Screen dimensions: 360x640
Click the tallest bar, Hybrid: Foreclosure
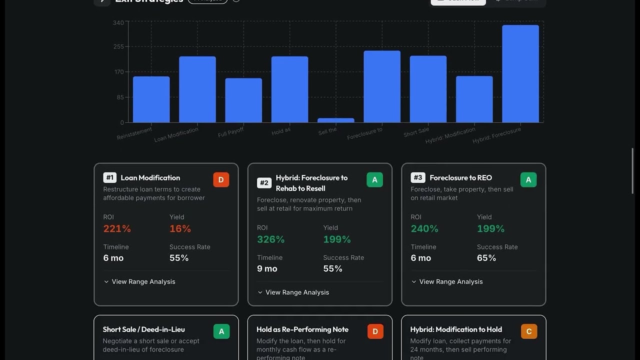tap(520, 73)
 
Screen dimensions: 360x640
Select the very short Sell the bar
tap(336, 120)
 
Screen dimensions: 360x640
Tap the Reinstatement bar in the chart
tap(151, 99)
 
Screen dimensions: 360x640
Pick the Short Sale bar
tap(428, 89)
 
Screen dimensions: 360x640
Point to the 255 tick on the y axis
tap(118, 46)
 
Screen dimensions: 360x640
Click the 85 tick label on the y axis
tap(120, 97)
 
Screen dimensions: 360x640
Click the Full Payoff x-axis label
tap(231, 132)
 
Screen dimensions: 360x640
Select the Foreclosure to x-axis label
tap(365, 133)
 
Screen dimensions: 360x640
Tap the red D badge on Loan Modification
tap(221, 180)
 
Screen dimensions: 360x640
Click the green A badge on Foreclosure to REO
tap(528, 180)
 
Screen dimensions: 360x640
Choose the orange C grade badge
tap(529, 331)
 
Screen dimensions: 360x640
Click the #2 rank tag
tap(264, 183)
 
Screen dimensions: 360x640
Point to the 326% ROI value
tap(270, 239)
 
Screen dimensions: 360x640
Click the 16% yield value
tap(180, 228)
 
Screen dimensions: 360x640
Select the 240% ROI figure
tap(424, 228)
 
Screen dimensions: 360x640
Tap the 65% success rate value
tap(486, 258)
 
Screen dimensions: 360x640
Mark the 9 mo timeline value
tap(267, 268)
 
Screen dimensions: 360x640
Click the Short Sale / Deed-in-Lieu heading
tap(144, 329)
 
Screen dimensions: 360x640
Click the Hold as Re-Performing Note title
tap(302, 329)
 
